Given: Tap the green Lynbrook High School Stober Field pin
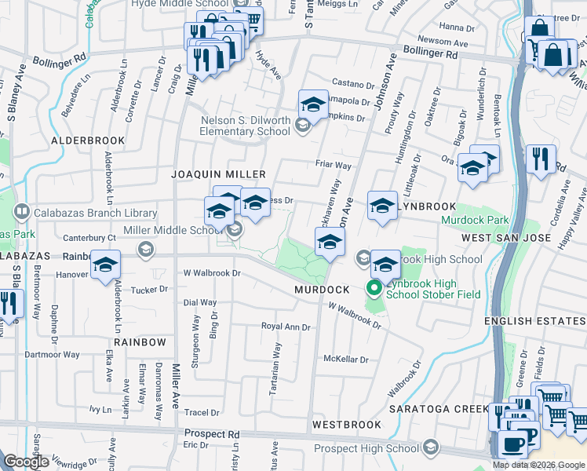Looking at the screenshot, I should click(374, 289).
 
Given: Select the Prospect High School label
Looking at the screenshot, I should click(366, 448).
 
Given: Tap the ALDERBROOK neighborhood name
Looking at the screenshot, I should click(88, 140).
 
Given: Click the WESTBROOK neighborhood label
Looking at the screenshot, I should click(346, 424).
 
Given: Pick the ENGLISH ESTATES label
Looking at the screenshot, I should click(534, 321).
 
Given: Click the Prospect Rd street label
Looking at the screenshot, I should click(212, 433).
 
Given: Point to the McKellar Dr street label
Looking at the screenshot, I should click(346, 360).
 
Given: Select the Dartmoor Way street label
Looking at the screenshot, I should click(54, 354).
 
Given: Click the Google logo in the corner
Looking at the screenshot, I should click(27, 462).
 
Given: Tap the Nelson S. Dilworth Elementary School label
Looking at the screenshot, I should click(246, 126).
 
